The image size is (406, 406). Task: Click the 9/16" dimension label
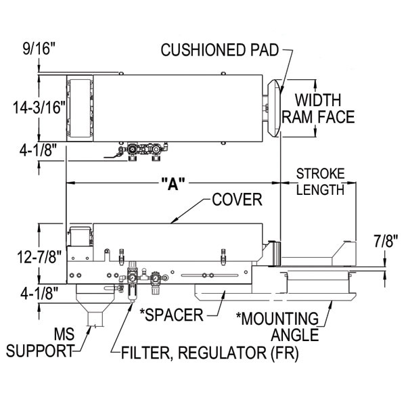point(39,49)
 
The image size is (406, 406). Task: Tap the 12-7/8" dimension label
point(39,257)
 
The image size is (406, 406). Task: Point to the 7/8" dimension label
point(386,241)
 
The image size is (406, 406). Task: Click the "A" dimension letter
point(173,183)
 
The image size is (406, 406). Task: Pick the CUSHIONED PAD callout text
point(219,49)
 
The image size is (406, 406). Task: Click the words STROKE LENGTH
point(320,181)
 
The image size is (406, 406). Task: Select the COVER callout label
point(238,200)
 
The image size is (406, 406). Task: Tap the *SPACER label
point(172,315)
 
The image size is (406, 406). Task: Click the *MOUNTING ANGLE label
point(277,327)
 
